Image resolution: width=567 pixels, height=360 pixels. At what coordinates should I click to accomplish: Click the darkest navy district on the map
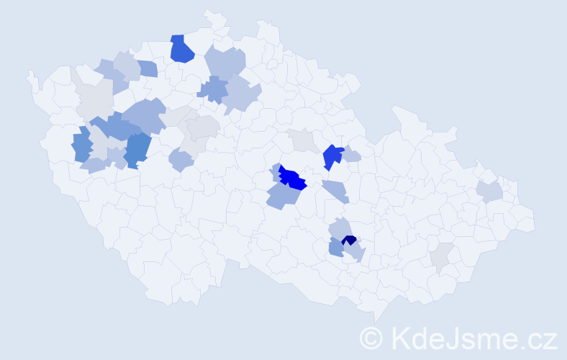(x=349, y=240)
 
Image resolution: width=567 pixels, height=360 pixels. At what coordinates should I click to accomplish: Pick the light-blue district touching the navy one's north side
(x=340, y=229)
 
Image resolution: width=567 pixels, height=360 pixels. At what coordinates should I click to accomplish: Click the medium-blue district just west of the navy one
(x=335, y=248)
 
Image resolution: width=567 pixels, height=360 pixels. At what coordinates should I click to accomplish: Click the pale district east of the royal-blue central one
(x=351, y=155)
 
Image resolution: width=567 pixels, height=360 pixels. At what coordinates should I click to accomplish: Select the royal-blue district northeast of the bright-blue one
(x=332, y=156)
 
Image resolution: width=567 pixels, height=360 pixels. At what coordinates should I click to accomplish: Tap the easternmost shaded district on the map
(x=489, y=192)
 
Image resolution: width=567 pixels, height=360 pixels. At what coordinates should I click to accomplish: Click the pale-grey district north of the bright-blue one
(x=302, y=140)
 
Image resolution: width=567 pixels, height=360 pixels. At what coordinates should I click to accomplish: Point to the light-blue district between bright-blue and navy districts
(x=335, y=192)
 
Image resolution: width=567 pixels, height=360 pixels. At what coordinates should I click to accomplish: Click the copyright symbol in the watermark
(x=371, y=337)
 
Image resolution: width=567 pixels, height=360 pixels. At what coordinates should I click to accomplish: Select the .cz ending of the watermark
(x=536, y=337)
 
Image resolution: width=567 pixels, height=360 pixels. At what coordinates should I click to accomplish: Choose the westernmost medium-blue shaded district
(x=82, y=145)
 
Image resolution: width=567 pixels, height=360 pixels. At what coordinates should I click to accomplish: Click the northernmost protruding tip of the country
(x=208, y=12)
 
